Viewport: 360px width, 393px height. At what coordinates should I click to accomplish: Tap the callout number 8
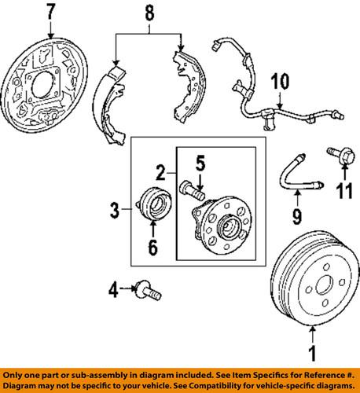pyautogui.click(x=149, y=13)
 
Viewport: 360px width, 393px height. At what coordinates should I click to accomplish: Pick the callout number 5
pyautogui.click(x=200, y=165)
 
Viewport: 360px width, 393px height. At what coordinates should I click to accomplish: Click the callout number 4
pyautogui.click(x=115, y=292)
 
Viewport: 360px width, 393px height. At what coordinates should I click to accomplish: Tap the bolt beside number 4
pyautogui.click(x=146, y=292)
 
